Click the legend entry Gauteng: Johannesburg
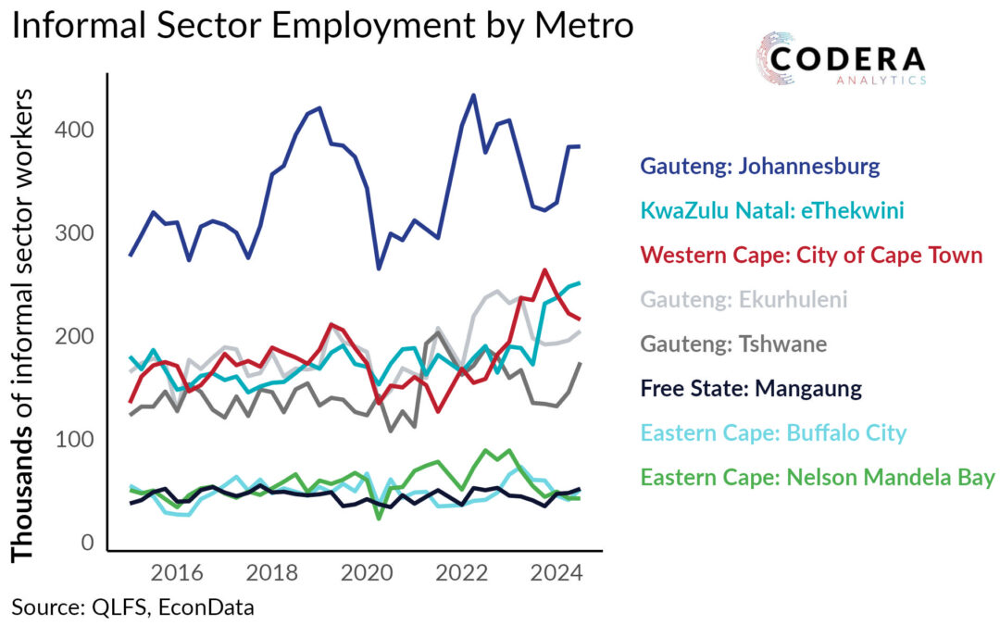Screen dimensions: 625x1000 tap(759, 168)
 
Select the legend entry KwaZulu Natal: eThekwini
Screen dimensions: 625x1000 tap(772, 211)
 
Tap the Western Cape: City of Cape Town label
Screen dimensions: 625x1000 tap(811, 255)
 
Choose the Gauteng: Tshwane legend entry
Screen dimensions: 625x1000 tap(733, 344)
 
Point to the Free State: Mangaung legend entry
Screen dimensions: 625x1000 tap(751, 388)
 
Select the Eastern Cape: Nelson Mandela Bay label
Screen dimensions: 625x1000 tap(818, 478)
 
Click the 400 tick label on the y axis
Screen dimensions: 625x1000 tap(77, 130)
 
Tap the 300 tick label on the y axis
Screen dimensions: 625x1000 tap(77, 233)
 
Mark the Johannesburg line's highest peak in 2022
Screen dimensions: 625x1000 tap(473, 95)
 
